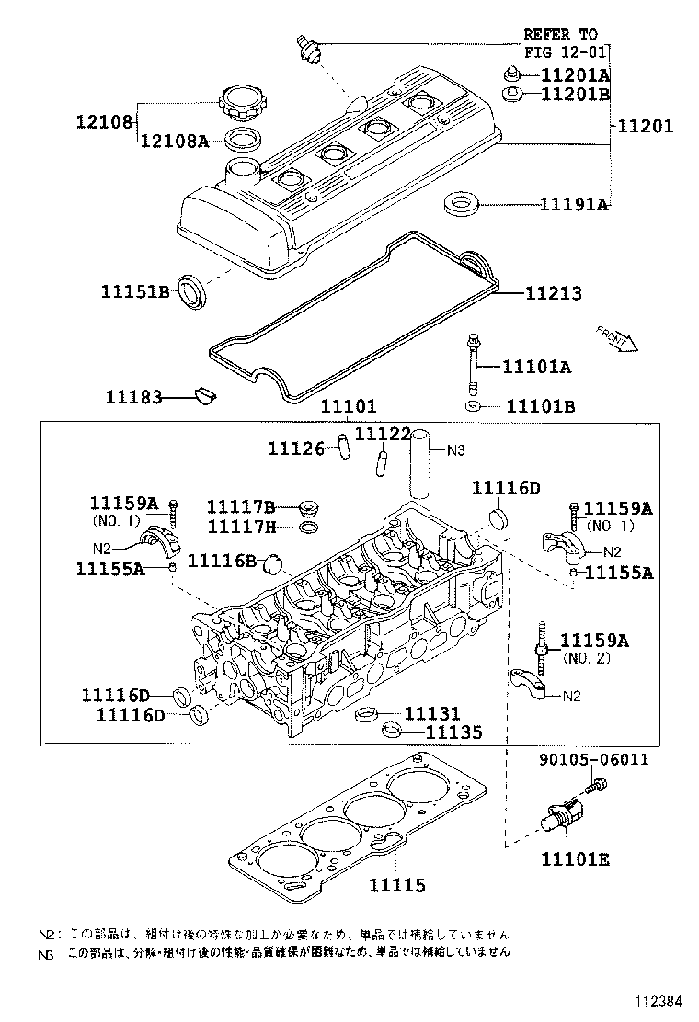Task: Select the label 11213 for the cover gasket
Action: point(554,293)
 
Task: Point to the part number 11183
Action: point(134,397)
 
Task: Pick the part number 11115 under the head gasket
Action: point(397,885)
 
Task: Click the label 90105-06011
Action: point(593,759)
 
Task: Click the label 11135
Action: point(453,732)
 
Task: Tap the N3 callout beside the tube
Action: point(457,450)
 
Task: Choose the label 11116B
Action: point(222,560)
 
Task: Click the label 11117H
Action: point(241,527)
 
